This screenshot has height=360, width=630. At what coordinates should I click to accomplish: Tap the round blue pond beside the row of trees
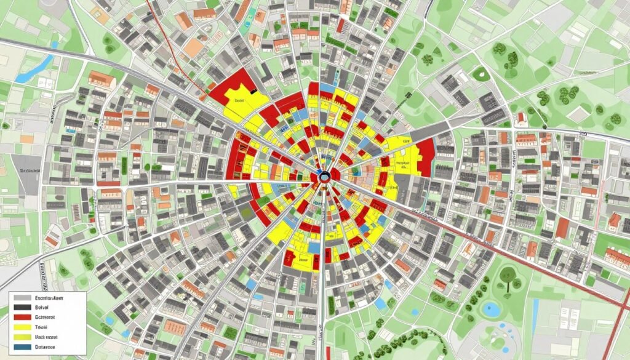tap(491, 309)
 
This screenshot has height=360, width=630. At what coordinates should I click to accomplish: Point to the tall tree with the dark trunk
tap(509, 276)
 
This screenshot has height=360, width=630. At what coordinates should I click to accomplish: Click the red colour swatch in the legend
tap(22, 317)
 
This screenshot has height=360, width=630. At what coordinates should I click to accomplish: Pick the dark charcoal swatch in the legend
tap(22, 306)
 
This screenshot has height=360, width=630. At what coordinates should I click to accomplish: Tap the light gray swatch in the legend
tap(22, 297)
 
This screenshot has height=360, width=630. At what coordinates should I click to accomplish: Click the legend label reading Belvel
tap(43, 306)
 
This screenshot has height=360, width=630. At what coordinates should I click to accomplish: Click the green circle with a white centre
tap(480, 74)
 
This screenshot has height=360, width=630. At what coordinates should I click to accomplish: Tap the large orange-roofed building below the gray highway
tap(102, 79)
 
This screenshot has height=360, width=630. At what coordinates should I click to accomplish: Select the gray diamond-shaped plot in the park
tap(578, 114)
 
